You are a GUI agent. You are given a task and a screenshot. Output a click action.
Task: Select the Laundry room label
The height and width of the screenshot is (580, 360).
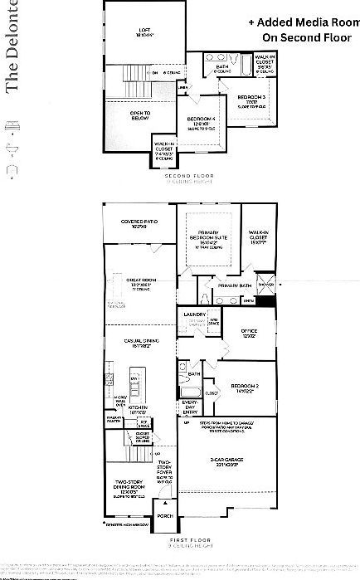pyautogui.click(x=195, y=314)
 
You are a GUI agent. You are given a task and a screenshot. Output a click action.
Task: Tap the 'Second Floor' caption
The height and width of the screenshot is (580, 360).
pyautogui.click(x=190, y=176)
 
